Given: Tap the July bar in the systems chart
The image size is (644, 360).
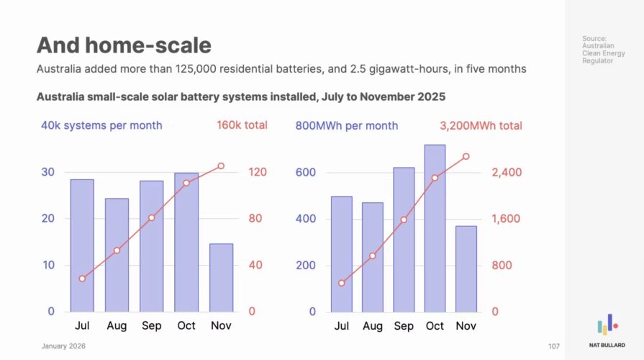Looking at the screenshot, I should tap(82, 245).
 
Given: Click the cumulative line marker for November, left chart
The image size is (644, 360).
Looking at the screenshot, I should tap(221, 166).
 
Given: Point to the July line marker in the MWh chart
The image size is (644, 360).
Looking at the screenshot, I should tap(342, 283).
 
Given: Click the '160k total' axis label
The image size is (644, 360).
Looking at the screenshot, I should tap(242, 125).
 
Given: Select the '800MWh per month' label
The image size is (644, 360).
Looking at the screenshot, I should tap(347, 125).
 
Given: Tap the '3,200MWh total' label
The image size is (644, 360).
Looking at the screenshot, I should tap(481, 125).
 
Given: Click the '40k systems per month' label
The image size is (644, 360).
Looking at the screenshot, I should tap(101, 125).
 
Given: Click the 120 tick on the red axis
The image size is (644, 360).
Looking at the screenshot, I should tap(258, 172).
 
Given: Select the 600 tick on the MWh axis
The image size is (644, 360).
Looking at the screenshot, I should tap(306, 172).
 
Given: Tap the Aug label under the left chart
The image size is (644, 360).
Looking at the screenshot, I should tap(117, 326).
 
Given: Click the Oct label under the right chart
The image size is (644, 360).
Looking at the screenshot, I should tap(435, 326).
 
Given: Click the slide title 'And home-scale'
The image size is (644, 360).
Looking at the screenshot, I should tap(124, 45).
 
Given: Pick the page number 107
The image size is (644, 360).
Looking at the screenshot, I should tap(553, 346).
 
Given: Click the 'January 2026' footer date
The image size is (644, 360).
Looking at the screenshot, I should tap(63, 346).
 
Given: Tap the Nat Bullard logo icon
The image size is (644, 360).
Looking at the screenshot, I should tap(607, 324).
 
